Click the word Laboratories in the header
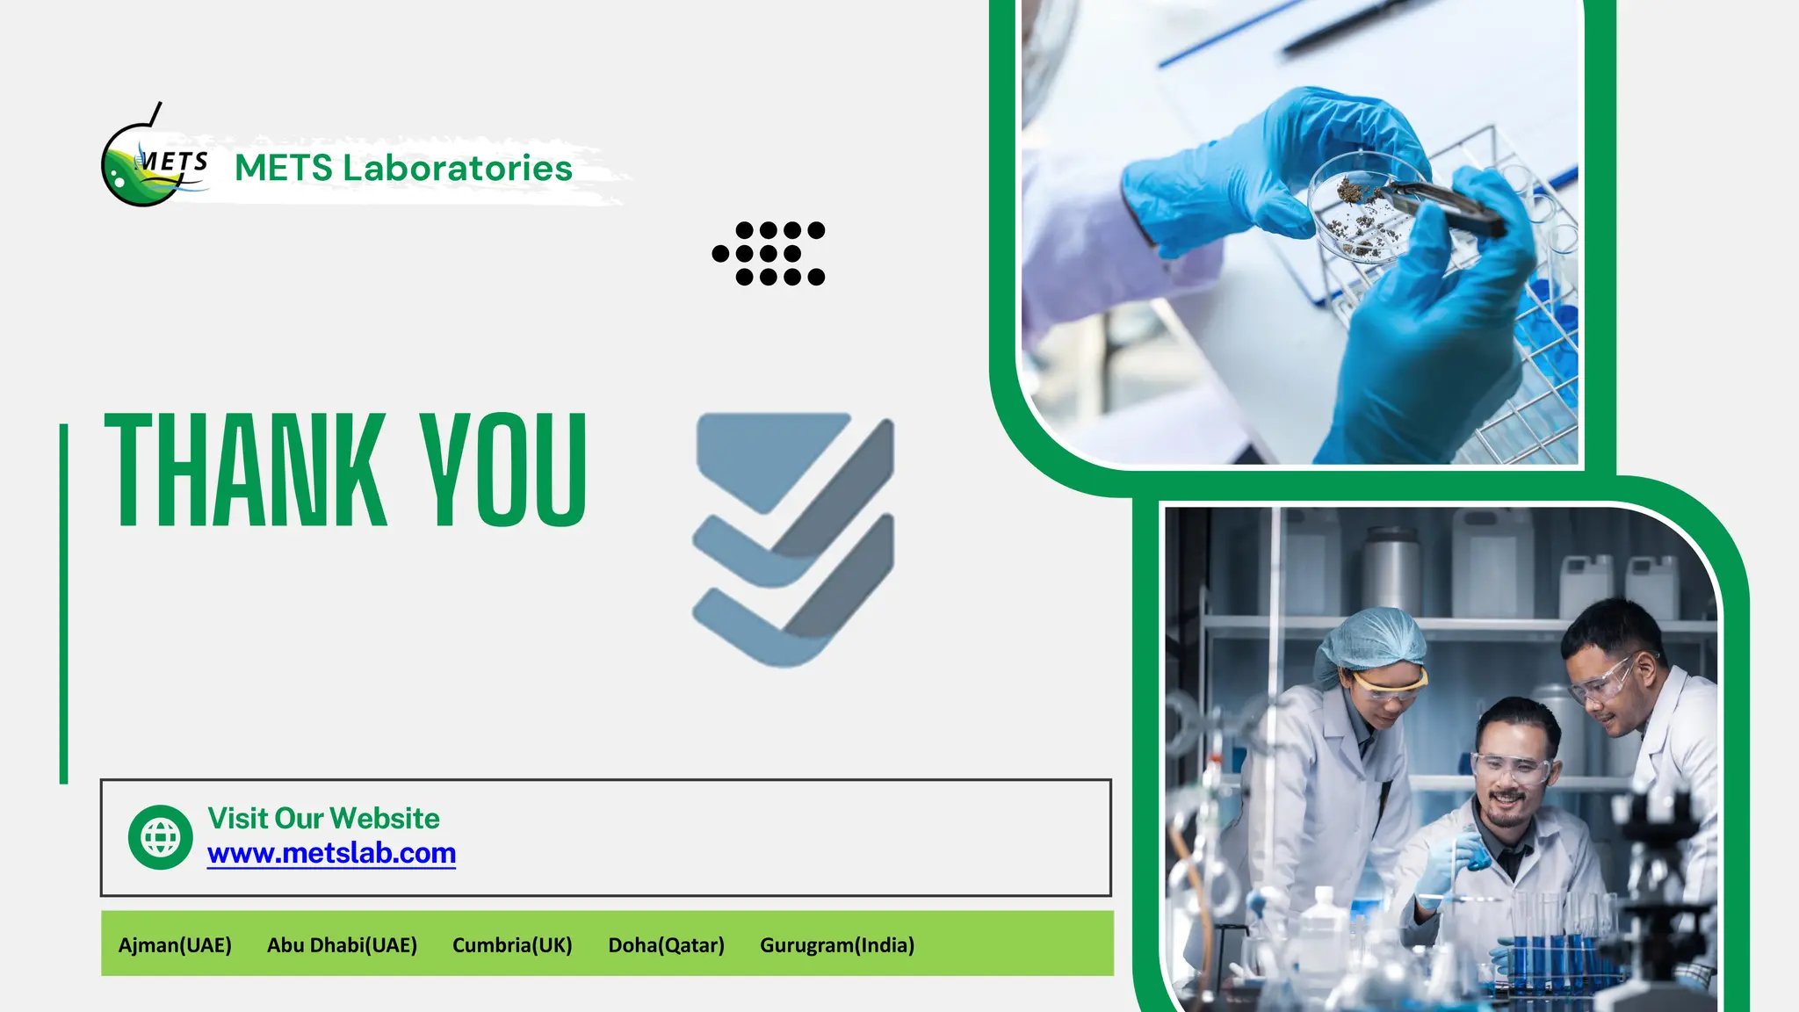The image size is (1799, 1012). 457,168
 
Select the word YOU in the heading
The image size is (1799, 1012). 503,470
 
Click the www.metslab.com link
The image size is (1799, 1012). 331,853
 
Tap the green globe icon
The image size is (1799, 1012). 160,837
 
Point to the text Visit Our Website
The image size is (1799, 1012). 323,818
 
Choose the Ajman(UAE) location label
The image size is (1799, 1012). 175,945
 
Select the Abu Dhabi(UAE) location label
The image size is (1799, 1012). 342,945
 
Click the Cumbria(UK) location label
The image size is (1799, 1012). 512,945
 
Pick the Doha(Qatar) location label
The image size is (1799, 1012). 666,945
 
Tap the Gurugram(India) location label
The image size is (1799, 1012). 837,945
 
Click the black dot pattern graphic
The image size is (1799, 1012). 769,254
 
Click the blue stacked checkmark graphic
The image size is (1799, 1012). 793,539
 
